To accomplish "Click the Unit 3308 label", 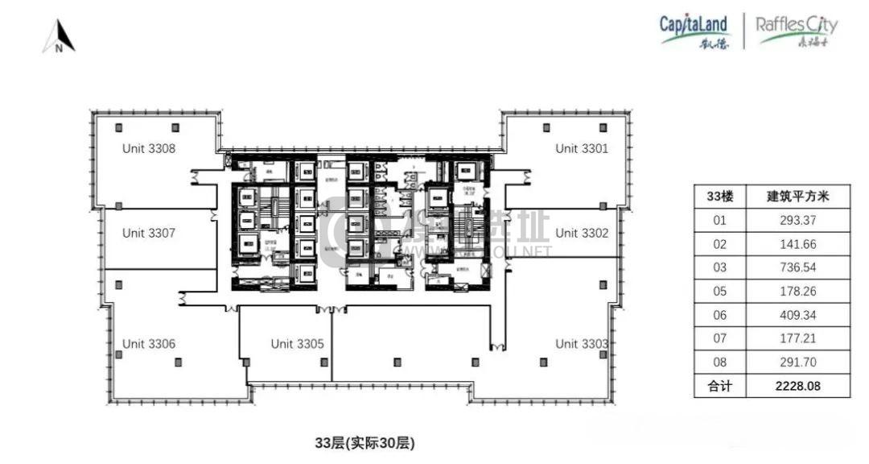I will point(149,148).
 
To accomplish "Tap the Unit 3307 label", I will point(149,233).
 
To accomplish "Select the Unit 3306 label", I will point(149,344).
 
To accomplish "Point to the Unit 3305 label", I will point(297,344).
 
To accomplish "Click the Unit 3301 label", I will point(582,148).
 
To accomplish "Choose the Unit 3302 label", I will point(582,233).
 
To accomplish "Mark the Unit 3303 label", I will point(582,344).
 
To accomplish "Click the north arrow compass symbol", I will point(59,37).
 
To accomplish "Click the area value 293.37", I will point(797,219).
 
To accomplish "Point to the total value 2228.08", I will point(797,386).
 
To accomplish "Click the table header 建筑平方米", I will point(797,196).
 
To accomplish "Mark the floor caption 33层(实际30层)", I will point(365,442).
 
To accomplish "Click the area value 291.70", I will point(797,362).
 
